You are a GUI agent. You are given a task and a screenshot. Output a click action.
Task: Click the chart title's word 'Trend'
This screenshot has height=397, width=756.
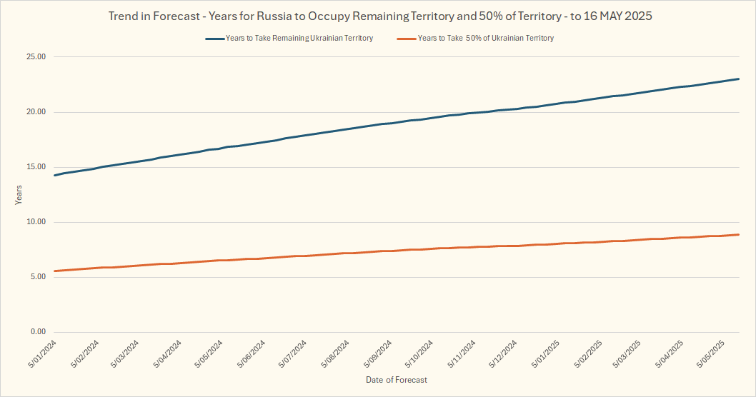(124, 15)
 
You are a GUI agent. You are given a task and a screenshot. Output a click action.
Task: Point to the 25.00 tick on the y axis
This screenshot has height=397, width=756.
(35, 57)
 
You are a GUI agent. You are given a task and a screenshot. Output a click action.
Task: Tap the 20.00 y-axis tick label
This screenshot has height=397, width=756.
(35, 112)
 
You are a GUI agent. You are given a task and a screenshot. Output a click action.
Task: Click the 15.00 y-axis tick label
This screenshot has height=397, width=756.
(35, 167)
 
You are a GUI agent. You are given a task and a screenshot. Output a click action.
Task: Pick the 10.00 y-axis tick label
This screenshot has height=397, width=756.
(35, 222)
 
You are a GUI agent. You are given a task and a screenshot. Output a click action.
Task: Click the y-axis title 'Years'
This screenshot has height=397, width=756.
(19, 194)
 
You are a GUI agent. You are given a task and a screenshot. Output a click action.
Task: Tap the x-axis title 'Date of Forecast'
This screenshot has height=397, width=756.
(396, 380)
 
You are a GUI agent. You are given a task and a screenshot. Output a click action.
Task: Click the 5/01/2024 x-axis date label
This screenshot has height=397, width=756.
(43, 354)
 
